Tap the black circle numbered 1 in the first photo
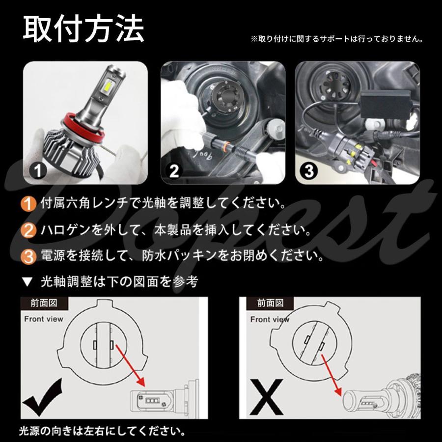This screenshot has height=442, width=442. pyautogui.click(x=38, y=171)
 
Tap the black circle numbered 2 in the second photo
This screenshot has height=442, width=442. pyautogui.click(x=174, y=171)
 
